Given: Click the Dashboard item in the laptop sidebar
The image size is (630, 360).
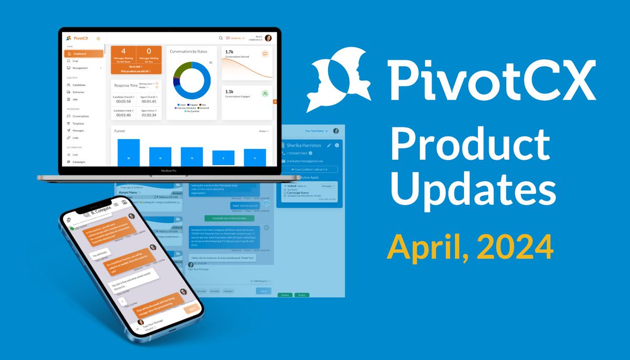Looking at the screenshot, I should pos(80,54).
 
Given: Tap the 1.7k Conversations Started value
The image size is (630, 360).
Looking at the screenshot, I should pos(229,52).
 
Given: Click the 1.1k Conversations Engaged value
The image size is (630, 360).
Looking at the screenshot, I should pos(229,91).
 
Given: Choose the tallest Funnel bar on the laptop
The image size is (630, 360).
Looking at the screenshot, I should pos(129,152).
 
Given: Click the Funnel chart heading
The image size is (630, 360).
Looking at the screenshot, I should pos(120,131).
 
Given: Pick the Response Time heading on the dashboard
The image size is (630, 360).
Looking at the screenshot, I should pos(125,85).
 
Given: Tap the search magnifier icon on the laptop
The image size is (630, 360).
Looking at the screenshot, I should pos(220,38).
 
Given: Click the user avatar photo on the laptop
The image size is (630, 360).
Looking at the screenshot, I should pos(268,38).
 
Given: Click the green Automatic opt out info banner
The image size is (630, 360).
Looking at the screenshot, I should pos(229,218).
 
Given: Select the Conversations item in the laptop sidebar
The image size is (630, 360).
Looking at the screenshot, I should pos(81,117).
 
